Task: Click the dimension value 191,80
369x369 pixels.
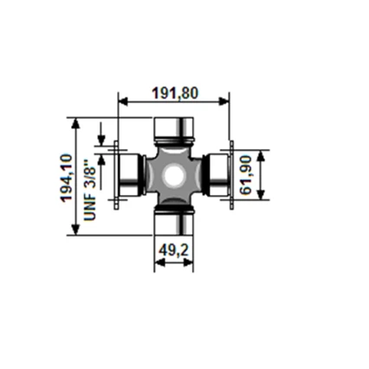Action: point(174,93)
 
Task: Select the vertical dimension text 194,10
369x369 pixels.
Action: point(67,178)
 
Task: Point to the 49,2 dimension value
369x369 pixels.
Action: point(174,252)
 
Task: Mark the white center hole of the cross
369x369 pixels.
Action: point(174,176)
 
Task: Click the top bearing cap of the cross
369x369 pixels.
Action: point(173,131)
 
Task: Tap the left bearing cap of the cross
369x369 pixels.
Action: point(129,176)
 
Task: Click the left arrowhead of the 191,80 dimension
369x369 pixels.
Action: point(121,102)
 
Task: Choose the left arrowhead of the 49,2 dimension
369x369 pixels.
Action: point(159,263)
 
